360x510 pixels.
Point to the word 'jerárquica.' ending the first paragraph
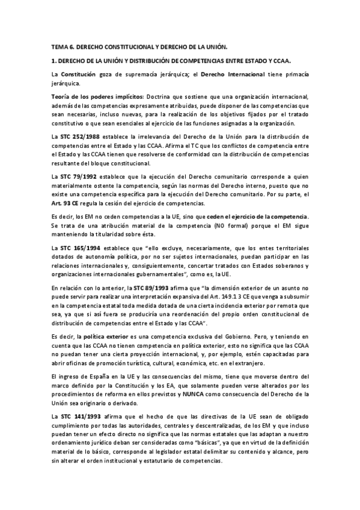click(67, 82)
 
